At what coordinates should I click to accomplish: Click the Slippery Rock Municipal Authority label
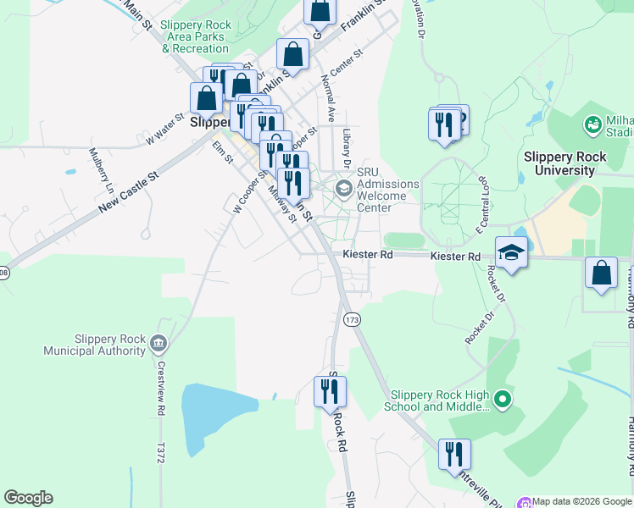coord(97,345)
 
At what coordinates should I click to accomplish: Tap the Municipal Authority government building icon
coord(158,344)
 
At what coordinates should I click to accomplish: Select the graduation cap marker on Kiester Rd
coord(511,252)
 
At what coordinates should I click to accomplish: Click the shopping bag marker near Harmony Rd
coord(601,273)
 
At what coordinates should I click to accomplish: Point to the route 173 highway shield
coord(353,319)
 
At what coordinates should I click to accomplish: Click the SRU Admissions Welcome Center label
coord(387,196)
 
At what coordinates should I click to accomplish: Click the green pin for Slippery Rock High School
coord(503,397)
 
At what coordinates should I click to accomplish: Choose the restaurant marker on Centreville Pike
coord(454,454)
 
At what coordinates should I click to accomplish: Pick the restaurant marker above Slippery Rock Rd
coord(330,391)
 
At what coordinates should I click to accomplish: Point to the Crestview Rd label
coord(160,389)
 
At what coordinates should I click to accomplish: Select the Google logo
coord(28,498)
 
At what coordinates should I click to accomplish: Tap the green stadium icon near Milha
coord(593,125)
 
